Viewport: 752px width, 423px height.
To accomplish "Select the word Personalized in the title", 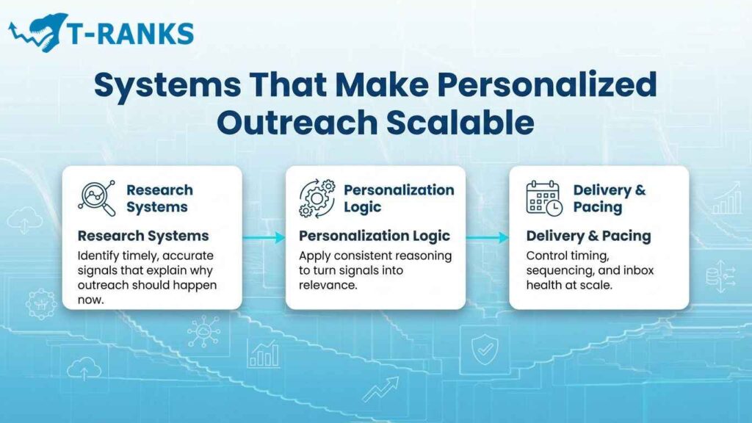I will point(546,86).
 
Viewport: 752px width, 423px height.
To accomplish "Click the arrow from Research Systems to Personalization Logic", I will point(264,237).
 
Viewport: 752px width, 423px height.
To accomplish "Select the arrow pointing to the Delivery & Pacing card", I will point(487,237).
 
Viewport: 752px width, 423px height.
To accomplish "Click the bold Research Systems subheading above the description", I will point(143,236).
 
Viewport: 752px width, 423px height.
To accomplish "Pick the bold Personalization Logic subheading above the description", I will point(374,236).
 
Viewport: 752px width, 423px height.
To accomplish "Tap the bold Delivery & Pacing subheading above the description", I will point(588,236).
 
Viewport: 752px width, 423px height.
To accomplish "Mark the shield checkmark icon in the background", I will point(483,352).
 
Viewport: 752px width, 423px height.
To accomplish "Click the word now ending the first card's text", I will point(91,299).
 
